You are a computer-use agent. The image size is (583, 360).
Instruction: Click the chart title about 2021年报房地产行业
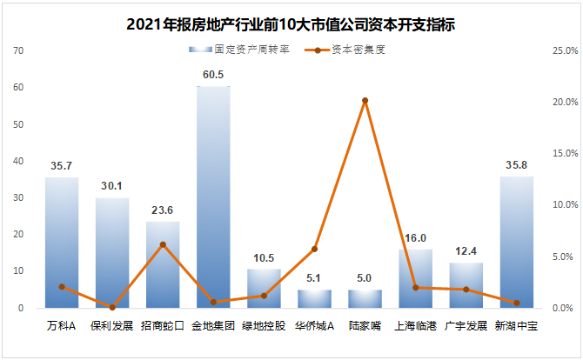point(291,24)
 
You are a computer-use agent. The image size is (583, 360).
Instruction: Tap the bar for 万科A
point(62,243)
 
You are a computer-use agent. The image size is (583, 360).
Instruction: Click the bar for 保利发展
point(112,252)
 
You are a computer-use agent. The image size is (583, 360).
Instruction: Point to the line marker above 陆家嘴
point(365,101)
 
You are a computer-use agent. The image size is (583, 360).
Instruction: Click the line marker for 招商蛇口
point(163,244)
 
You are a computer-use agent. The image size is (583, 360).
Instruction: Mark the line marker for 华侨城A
point(315,249)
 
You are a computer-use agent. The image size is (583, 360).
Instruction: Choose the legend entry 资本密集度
point(344,50)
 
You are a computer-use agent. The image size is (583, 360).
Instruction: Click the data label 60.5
point(213,74)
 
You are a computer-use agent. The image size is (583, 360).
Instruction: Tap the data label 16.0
point(416,237)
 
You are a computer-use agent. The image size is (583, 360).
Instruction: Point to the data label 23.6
point(163,210)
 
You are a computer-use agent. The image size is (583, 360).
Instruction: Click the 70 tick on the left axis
point(18,51)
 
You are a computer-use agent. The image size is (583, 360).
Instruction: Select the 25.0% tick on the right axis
point(553,51)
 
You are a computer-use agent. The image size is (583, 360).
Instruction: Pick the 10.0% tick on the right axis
point(553,205)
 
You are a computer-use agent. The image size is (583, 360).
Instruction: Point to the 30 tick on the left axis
point(18,198)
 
